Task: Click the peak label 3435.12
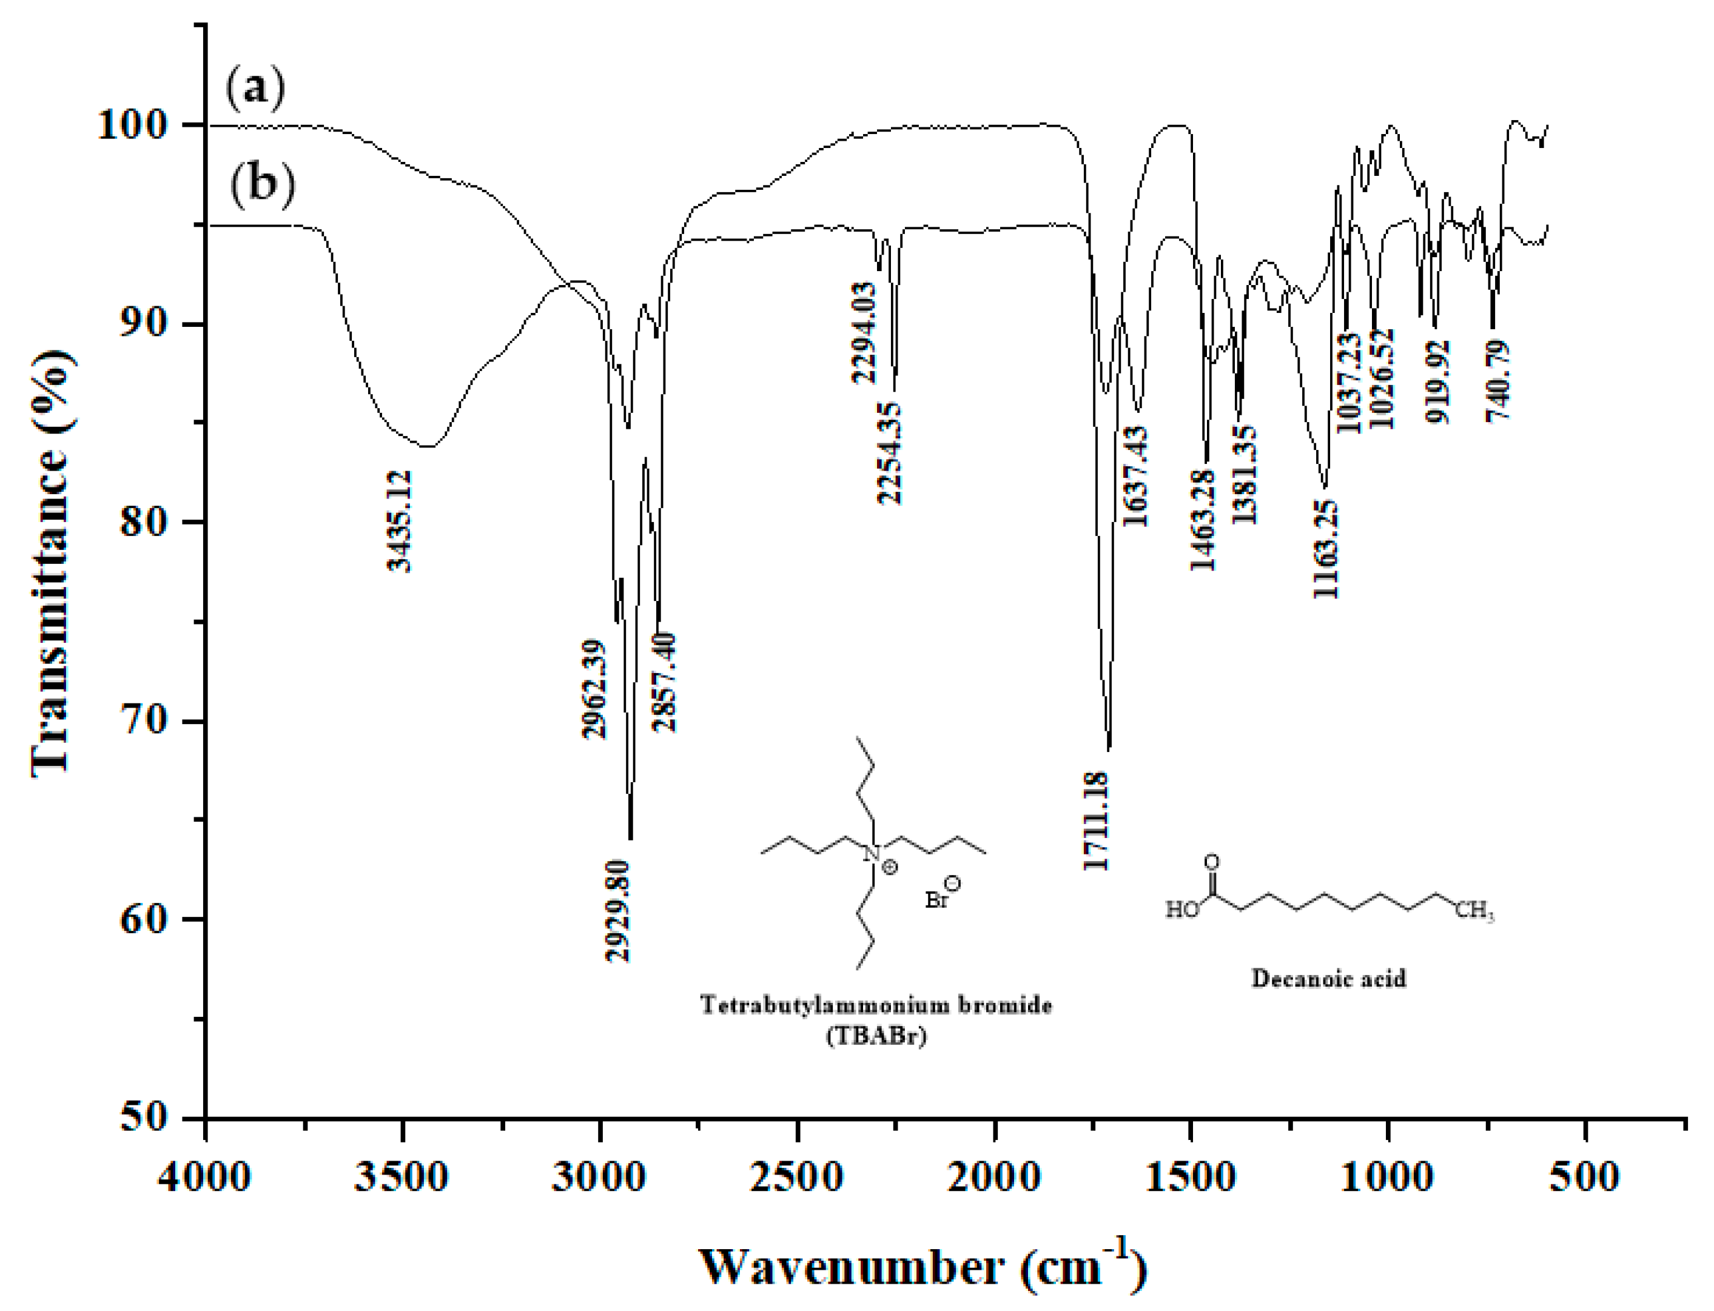pyautogui.click(x=400, y=520)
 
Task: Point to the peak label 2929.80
pyautogui.click(x=619, y=910)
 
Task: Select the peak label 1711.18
pyautogui.click(x=1096, y=821)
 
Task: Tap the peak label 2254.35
pyautogui.click(x=890, y=454)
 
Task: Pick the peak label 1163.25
pyautogui.click(x=1325, y=549)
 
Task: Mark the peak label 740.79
pyautogui.click(x=1498, y=381)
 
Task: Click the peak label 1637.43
pyautogui.click(x=1135, y=476)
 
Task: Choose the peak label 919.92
pyautogui.click(x=1437, y=381)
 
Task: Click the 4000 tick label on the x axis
pyautogui.click(x=204, y=1176)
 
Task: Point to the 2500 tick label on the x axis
pyautogui.click(x=797, y=1176)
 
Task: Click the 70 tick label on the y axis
pyautogui.click(x=144, y=721)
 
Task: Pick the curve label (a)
pyautogui.click(x=255, y=87)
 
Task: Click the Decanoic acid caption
pyautogui.click(x=1328, y=979)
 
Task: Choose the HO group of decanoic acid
pyautogui.click(x=1181, y=910)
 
